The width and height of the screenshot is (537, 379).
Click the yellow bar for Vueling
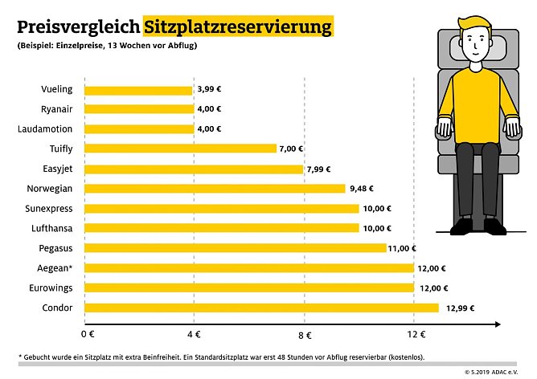pos(138,90)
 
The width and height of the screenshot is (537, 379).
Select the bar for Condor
pos(261,308)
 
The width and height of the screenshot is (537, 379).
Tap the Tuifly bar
pos(180,149)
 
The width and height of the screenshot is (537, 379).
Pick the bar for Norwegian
pos(215,189)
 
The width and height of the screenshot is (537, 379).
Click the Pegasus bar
pos(235,248)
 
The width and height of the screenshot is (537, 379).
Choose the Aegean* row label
pos(54,267)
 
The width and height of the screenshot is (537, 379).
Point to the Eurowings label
pos(50,287)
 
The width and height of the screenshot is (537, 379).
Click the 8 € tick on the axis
pos(304,334)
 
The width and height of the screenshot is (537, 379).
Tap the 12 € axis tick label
pos(414,334)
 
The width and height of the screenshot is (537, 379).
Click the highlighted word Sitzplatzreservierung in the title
pos(238,26)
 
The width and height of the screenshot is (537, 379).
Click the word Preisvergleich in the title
pos(77,26)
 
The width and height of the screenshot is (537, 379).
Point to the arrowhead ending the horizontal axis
pos(498,324)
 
